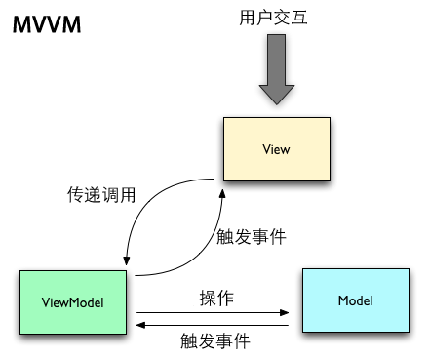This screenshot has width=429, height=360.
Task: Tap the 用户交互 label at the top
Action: point(273,18)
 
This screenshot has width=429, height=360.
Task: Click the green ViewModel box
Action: point(74,302)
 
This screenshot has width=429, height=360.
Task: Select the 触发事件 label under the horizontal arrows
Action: point(214,341)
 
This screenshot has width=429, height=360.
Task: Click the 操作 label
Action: point(215,298)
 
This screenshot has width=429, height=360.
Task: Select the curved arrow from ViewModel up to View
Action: point(195,254)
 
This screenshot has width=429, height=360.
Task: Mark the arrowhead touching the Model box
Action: point(286,313)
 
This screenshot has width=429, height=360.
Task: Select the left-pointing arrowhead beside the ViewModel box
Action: point(141,323)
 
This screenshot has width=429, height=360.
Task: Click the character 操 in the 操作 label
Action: point(207,298)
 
